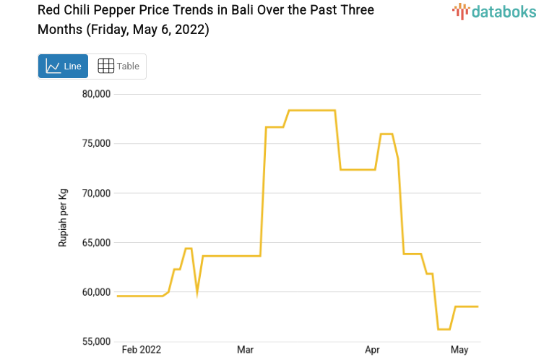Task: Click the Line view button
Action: coord(63,66)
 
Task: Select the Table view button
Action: coord(118,66)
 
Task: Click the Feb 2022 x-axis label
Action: coord(142,350)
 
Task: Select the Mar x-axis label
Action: coord(245,350)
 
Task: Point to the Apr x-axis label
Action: coord(372,350)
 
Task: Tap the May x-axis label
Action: coord(459,350)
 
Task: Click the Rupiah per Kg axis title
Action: coord(63,218)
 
